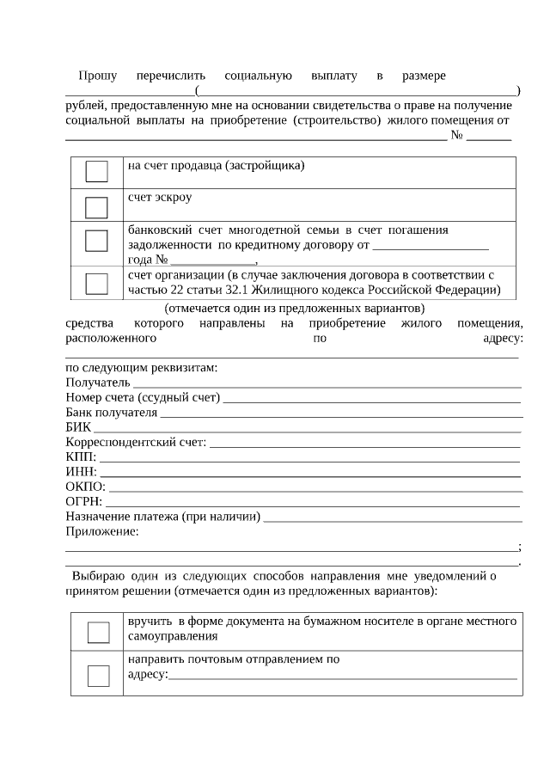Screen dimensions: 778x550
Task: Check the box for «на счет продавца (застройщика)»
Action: (x=96, y=172)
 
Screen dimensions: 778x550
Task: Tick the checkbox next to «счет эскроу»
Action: (x=96, y=207)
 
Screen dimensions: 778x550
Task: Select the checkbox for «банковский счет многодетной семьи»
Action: (x=96, y=241)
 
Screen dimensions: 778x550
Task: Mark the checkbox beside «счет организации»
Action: (x=96, y=283)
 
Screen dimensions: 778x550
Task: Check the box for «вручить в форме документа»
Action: (x=99, y=632)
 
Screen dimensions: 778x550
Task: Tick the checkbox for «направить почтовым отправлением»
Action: (x=99, y=676)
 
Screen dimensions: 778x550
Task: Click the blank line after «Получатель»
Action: (x=327, y=386)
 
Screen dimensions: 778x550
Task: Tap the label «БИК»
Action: (x=78, y=427)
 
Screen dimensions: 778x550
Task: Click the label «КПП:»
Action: (x=81, y=456)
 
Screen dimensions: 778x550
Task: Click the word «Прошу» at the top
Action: (x=97, y=76)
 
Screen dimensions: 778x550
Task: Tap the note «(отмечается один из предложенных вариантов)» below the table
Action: (x=295, y=308)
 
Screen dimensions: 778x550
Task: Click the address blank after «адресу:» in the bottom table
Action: (x=344, y=677)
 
